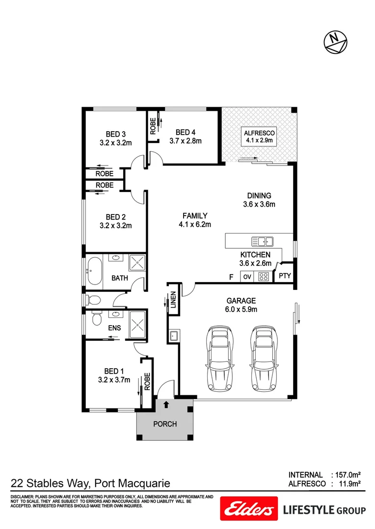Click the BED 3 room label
coord(116,134)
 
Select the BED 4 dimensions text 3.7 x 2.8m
coord(186,141)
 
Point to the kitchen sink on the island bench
coord(262,241)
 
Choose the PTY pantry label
coord(285,276)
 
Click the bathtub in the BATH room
coord(93,270)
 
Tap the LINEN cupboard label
coord(173,300)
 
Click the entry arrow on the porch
coord(166,405)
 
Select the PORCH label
coord(165,424)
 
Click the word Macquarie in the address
coord(142,484)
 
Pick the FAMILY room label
coord(195,216)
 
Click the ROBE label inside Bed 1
coord(146,382)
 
